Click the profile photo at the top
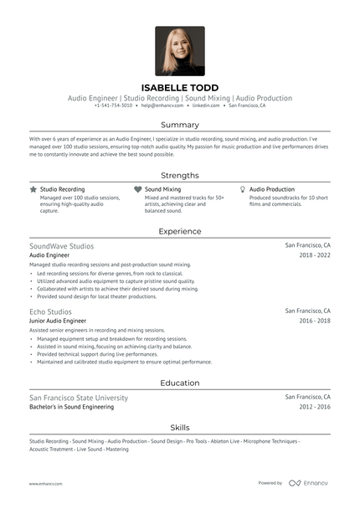[179, 51]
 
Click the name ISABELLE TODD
[180, 87]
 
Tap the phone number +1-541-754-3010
[113, 106]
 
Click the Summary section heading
[180, 125]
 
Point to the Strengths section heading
[180, 176]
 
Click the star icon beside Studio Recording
[33, 190]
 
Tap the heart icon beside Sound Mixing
[137, 190]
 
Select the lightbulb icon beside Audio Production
[242, 190]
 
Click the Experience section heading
[180, 231]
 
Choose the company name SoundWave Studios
[61, 246]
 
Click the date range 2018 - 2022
[315, 254]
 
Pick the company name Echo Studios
[50, 311]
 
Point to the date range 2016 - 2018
[315, 321]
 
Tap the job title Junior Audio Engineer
[58, 321]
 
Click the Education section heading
[180, 383]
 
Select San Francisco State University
[79, 398]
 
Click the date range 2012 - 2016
[315, 407]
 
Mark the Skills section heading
[180, 427]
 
